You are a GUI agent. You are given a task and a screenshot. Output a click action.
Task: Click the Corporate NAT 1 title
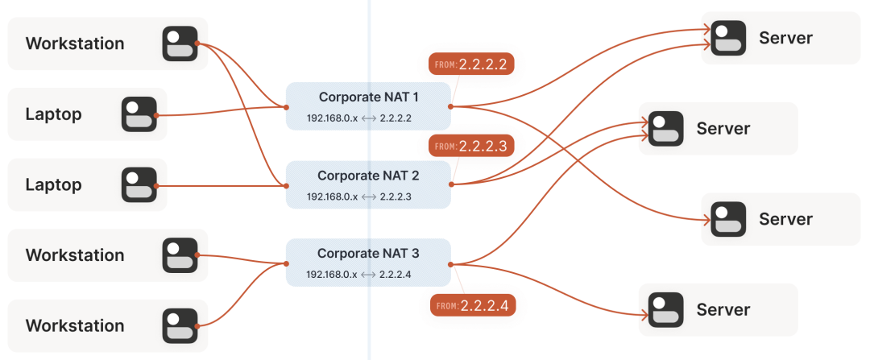point(369,97)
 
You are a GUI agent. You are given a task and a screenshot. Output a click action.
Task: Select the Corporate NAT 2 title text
point(368,175)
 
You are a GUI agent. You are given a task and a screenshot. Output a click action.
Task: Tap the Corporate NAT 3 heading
point(368,253)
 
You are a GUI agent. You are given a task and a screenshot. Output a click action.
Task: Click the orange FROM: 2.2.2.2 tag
point(471,64)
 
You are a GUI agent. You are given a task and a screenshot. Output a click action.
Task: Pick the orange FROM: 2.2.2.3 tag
point(471,146)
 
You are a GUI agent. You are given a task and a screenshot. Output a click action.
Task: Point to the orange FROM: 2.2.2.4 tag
point(472,306)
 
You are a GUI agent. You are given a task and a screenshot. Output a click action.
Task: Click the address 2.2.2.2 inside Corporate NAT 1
point(396,118)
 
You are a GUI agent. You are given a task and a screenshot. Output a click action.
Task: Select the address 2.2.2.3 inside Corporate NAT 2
point(396,197)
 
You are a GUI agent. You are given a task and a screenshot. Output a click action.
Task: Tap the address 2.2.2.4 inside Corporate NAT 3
point(396,275)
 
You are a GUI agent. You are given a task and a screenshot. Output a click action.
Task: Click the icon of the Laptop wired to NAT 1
point(139,114)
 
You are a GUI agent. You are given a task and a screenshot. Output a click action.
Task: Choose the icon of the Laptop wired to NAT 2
point(139,184)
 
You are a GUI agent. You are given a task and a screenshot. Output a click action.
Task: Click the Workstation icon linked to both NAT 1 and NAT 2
point(180,43)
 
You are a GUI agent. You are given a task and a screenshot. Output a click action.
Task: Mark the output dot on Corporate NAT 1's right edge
point(451,106)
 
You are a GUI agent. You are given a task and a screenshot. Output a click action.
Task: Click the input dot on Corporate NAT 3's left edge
point(286,263)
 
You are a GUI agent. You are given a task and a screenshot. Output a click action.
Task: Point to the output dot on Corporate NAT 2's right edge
point(451,184)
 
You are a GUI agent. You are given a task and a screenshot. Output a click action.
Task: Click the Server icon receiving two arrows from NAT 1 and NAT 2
point(729,38)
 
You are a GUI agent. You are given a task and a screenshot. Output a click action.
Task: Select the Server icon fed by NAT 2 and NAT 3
point(666,129)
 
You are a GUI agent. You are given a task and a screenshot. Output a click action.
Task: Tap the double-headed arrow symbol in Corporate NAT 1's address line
point(368,118)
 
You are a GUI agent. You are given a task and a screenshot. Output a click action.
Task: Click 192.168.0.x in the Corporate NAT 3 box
point(331,275)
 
